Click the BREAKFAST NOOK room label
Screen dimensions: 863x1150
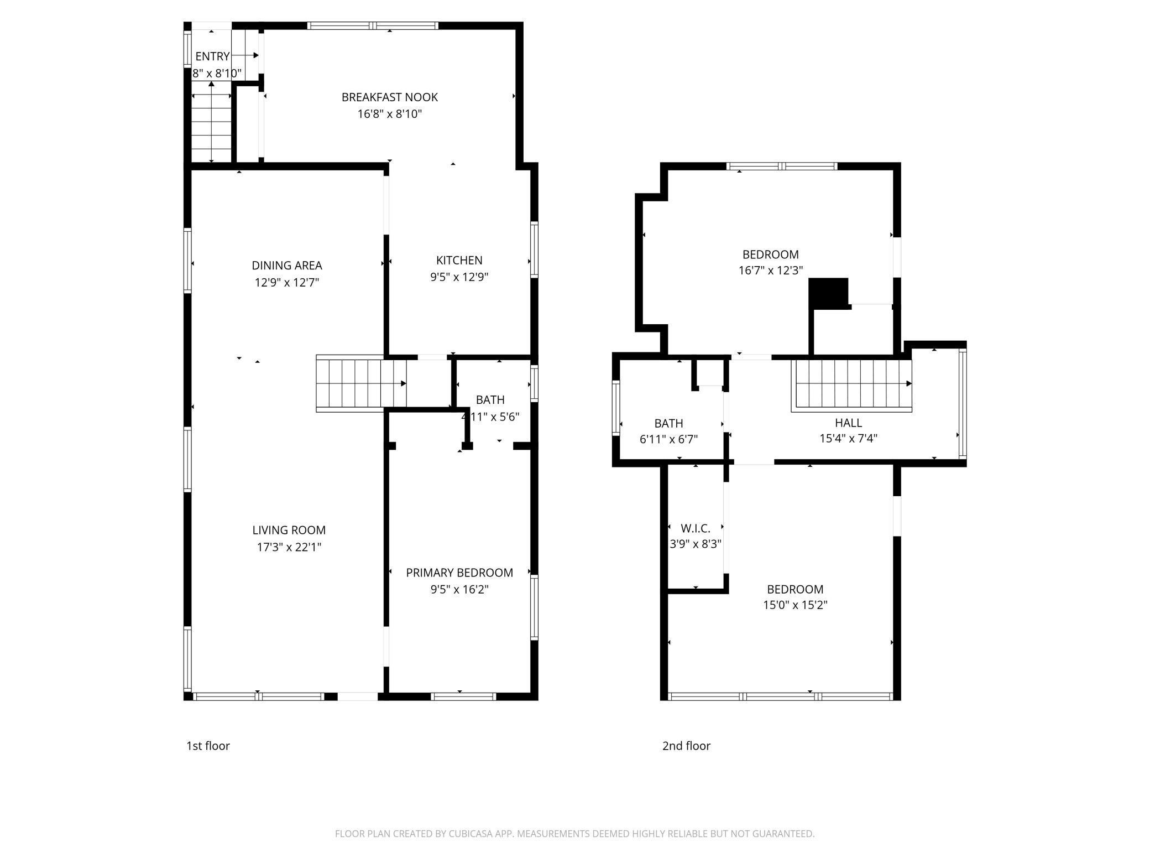tap(389, 97)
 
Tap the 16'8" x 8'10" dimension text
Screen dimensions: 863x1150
tap(389, 114)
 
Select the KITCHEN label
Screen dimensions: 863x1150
tap(459, 260)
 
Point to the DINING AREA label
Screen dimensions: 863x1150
tap(286, 266)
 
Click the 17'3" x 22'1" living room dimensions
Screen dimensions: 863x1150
tap(289, 547)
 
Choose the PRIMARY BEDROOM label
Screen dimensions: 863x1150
tap(459, 573)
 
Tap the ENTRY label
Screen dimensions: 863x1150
tap(212, 56)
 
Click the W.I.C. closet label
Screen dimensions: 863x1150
tap(695, 528)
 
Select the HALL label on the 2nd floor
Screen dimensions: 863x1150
tap(848, 423)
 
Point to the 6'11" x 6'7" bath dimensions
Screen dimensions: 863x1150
tap(668, 439)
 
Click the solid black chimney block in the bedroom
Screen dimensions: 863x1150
tap(828, 293)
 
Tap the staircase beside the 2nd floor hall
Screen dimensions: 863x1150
tap(851, 384)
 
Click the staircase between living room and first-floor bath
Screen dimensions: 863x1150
tap(360, 383)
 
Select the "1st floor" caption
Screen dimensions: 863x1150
tap(208, 746)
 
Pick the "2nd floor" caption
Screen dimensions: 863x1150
tap(686, 746)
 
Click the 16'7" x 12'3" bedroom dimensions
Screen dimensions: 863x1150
tap(770, 271)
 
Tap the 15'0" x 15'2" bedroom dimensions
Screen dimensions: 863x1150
tap(794, 605)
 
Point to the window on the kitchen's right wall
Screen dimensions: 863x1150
tap(534, 249)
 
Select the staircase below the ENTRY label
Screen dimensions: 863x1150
tap(211, 124)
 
